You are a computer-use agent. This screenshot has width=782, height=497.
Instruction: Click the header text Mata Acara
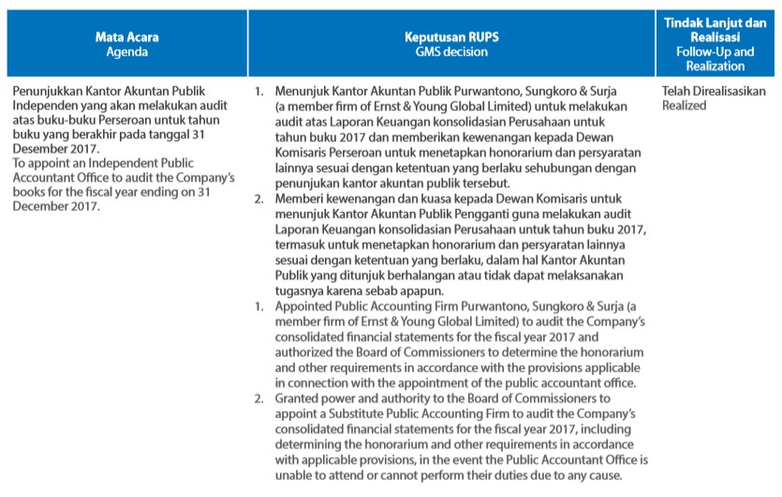(x=126, y=38)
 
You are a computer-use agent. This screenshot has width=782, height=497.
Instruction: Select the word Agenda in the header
(x=126, y=52)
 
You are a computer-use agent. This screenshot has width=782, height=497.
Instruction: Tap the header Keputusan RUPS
(x=451, y=38)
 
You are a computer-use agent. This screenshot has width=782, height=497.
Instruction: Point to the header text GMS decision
(x=451, y=52)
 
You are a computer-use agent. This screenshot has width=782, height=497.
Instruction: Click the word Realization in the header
(x=715, y=66)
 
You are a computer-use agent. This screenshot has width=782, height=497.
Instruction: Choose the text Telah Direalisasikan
(x=714, y=91)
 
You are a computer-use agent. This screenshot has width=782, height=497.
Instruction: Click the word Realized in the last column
(x=684, y=105)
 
